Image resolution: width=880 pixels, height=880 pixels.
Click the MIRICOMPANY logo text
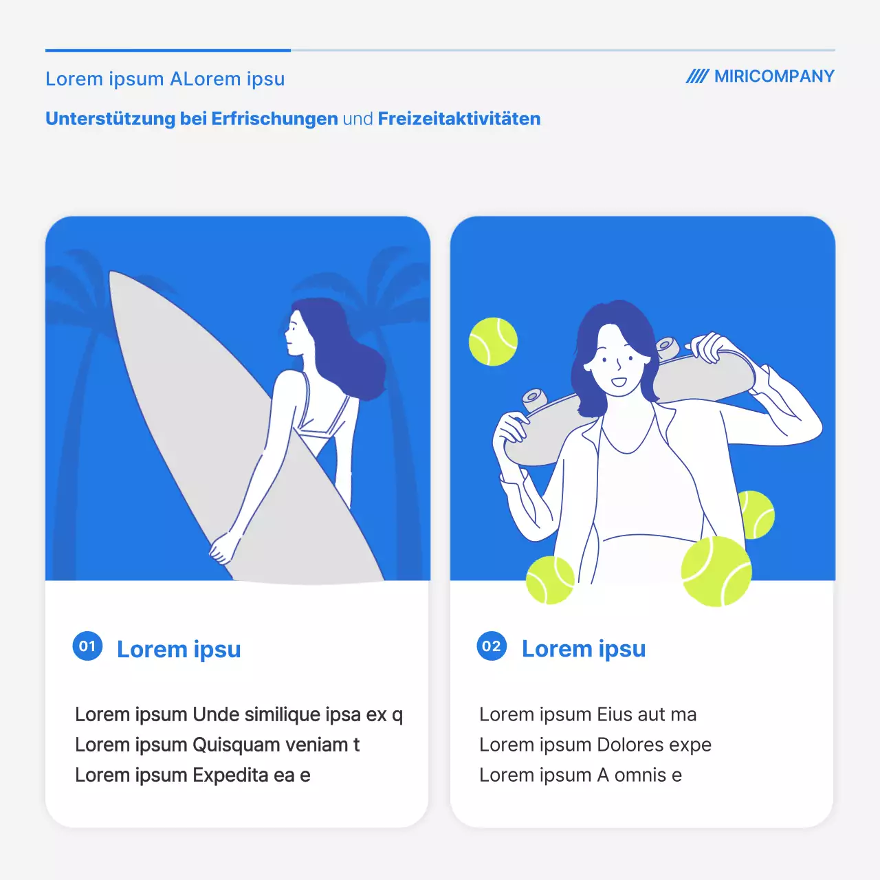point(773,76)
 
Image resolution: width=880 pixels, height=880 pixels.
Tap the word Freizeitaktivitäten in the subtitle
point(459,119)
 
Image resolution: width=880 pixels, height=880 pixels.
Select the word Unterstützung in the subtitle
point(110,119)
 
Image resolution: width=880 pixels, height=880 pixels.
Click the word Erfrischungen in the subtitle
point(274,119)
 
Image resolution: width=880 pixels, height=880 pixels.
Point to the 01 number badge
point(87,646)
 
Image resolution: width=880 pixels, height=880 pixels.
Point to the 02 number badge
point(492,646)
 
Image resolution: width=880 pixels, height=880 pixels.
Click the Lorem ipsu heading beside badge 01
point(179,649)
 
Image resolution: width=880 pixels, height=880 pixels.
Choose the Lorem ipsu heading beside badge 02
point(584,648)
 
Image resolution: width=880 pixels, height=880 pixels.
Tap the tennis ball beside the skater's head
point(493,341)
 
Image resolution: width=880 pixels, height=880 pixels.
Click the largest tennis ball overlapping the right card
point(716,571)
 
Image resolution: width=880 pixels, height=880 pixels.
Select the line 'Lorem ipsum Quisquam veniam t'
point(217,745)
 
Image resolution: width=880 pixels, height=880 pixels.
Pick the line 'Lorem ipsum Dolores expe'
point(595,745)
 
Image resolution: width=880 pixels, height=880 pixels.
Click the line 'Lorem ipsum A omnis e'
point(580,775)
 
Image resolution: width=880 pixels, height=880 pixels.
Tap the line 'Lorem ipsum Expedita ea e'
point(192,775)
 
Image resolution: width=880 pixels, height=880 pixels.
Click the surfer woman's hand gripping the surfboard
point(222,548)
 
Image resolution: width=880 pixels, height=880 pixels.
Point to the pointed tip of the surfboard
point(114,275)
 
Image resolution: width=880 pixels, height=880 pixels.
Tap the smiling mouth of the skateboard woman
point(619,382)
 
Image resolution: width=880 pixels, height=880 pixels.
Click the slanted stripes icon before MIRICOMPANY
point(696,76)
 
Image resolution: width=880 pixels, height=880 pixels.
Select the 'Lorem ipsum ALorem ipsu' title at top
point(165,79)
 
